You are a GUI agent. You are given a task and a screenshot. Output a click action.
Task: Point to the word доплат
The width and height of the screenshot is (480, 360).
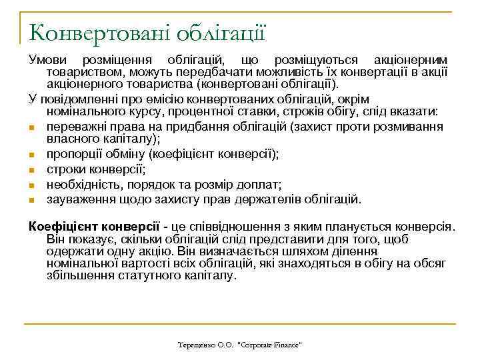(x=263, y=183)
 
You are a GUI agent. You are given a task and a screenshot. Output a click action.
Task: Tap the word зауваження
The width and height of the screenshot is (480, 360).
(x=78, y=198)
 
